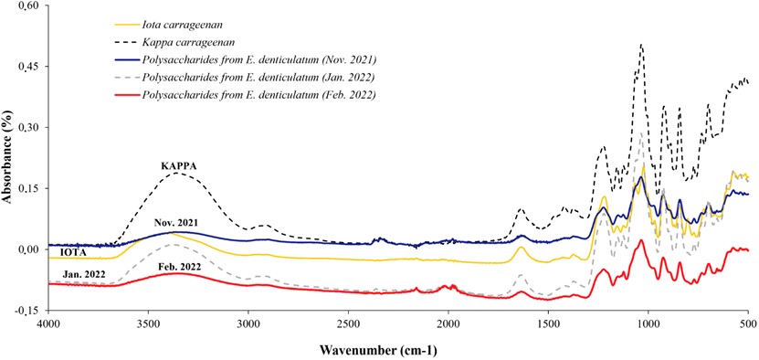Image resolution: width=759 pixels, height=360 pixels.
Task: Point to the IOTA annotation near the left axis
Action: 74,252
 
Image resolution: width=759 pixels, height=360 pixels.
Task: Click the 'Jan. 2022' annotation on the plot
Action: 83,273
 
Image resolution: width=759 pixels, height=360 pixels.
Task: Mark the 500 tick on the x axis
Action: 747,323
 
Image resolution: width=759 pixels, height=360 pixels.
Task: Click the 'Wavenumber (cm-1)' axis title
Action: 397,348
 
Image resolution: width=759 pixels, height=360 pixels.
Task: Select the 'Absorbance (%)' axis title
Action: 7,159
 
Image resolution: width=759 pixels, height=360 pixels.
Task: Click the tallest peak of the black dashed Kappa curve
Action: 641,44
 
